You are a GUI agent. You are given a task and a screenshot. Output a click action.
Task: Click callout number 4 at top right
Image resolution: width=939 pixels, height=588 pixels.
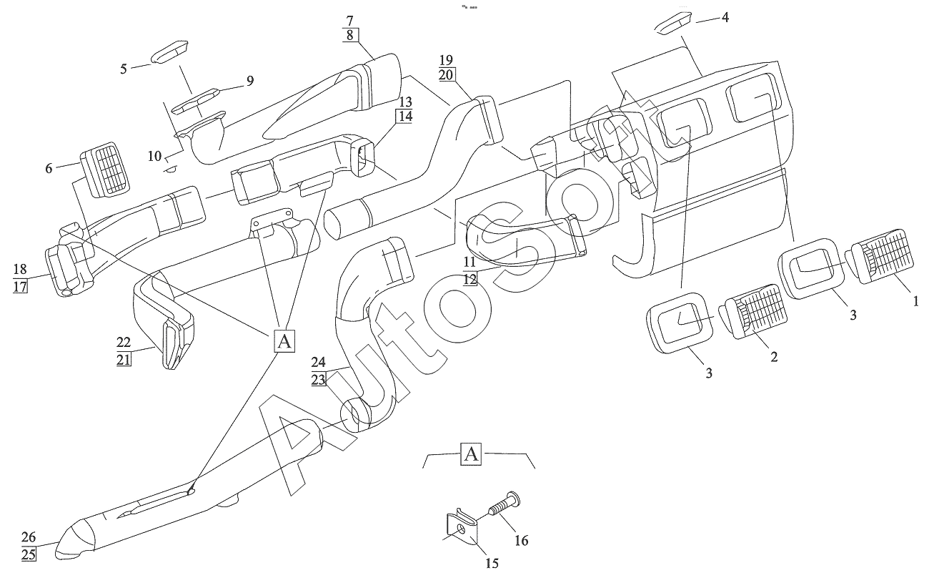click(x=725, y=18)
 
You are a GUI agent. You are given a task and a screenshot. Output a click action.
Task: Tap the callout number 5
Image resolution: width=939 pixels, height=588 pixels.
click(x=123, y=69)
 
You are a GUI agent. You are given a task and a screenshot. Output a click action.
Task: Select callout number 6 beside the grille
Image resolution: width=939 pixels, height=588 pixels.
click(x=49, y=168)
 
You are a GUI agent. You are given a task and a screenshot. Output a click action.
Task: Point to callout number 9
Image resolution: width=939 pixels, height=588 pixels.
click(x=250, y=81)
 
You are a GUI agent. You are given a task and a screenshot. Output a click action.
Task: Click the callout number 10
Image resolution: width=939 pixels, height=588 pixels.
click(x=154, y=156)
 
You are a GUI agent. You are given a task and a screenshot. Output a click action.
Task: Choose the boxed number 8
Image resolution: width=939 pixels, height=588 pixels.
click(x=350, y=35)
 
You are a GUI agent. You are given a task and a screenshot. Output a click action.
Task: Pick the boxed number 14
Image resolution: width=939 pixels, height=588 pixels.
click(x=405, y=117)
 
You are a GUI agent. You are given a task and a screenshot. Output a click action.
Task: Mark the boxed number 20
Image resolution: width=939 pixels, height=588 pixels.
click(x=446, y=74)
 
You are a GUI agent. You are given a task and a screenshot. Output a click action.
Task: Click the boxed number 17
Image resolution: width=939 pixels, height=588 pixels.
click(x=20, y=287)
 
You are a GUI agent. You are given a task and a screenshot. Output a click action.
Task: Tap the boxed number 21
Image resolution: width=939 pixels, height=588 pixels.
click(x=124, y=360)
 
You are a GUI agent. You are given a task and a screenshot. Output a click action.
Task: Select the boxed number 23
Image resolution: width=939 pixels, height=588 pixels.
click(x=319, y=380)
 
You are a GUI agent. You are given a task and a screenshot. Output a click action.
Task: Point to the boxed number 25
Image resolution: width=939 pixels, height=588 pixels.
click(x=29, y=554)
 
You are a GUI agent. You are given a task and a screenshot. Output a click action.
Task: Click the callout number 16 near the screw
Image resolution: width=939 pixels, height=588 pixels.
click(x=521, y=541)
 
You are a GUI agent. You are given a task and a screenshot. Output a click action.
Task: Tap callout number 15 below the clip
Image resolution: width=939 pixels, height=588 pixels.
click(x=492, y=563)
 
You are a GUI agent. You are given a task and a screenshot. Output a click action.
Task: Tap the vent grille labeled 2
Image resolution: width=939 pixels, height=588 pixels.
click(x=753, y=311)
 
